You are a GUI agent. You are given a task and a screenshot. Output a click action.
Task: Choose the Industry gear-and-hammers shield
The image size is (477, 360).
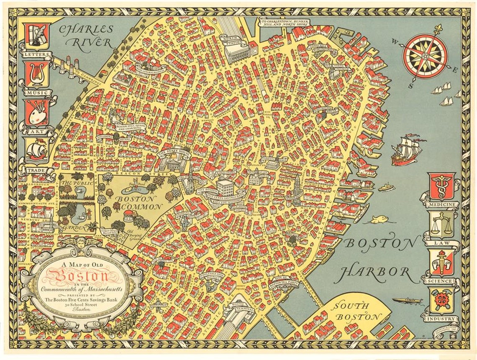[442, 300]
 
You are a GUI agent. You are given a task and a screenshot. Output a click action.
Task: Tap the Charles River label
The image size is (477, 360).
[86, 36]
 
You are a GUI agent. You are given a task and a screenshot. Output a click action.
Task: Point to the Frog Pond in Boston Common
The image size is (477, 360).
[135, 186]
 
